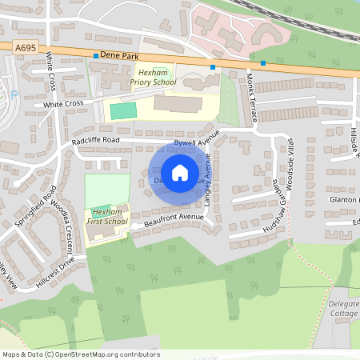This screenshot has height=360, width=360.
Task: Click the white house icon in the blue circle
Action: click(x=179, y=173)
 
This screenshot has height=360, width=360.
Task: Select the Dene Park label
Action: click(x=120, y=56)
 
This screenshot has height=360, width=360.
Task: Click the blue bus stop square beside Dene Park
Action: click(x=95, y=56)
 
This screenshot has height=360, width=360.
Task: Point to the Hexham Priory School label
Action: click(x=152, y=76)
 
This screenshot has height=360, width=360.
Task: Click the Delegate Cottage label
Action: click(x=343, y=309)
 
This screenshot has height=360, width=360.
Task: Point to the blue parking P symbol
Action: click(x=14, y=94)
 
